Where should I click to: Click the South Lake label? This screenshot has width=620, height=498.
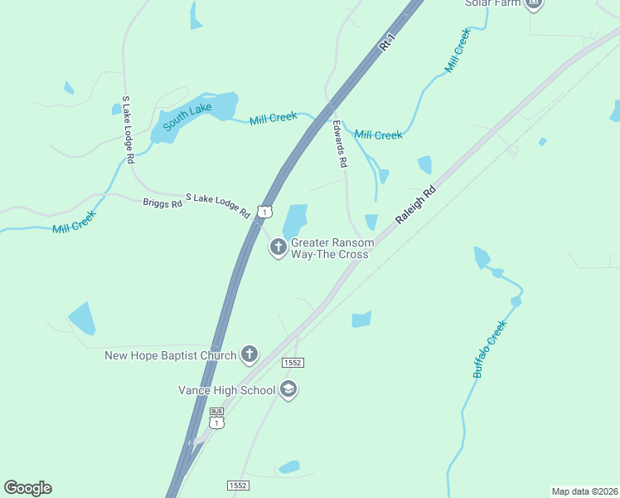click(187, 115)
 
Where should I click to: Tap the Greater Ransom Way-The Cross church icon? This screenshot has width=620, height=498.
click(279, 247)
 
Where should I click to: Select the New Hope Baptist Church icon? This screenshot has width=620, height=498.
click(249, 355)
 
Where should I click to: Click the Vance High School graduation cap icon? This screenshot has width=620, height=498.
click(288, 390)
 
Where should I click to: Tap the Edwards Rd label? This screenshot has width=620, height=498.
click(339, 143)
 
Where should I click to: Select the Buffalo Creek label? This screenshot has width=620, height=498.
click(489, 349)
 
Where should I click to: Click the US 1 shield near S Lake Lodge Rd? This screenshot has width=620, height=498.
click(264, 212)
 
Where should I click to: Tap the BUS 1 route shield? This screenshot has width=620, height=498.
click(216, 419)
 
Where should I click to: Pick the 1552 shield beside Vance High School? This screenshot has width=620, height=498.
click(293, 363)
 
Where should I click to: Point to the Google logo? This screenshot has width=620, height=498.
click(27, 488)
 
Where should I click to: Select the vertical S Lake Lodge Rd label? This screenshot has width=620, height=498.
click(127, 129)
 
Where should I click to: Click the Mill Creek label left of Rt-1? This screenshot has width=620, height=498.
click(274, 118)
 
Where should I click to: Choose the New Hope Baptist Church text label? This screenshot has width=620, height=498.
click(170, 356)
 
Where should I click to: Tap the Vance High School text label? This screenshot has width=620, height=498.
click(227, 390)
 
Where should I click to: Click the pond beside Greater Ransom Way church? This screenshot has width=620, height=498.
click(294, 222)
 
